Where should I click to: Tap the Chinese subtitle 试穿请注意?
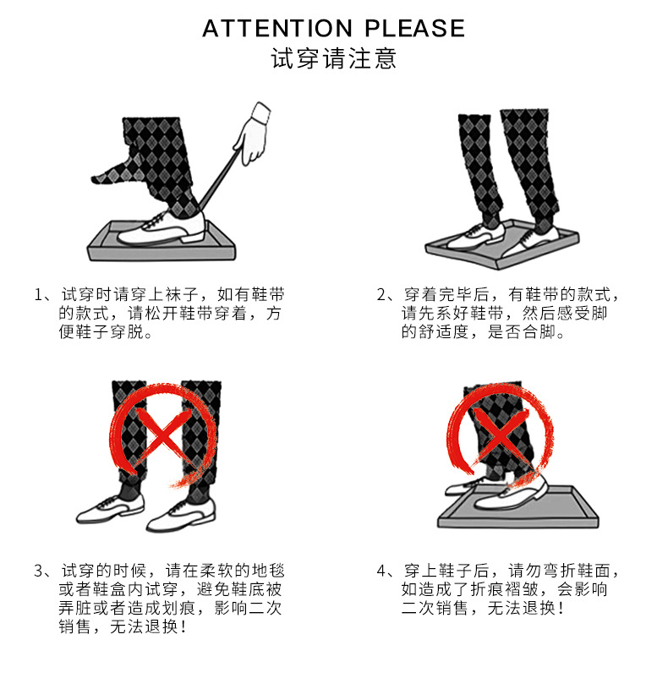pos(333,60)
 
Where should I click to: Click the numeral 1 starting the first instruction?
pos(38,295)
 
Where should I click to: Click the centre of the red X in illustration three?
pos(166,432)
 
